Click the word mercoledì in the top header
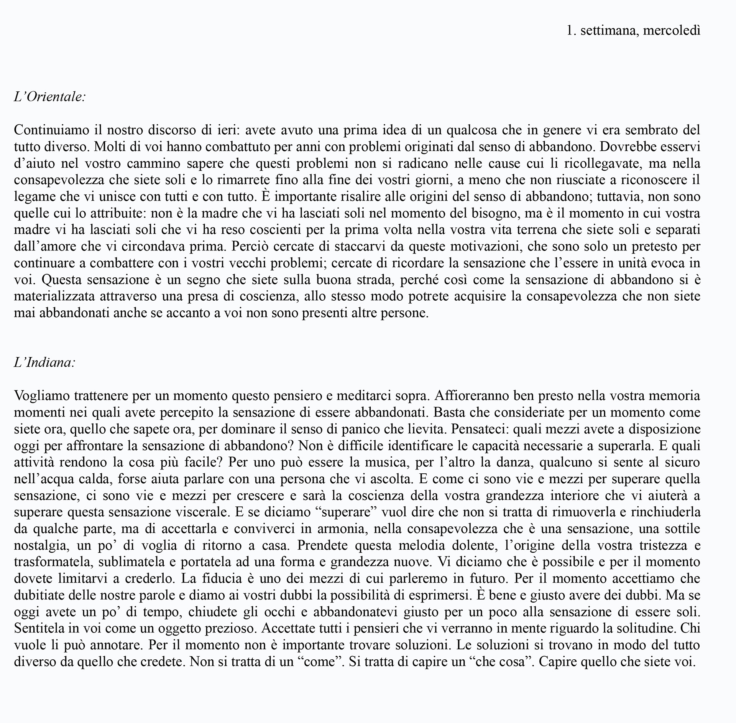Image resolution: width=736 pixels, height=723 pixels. pos(672,31)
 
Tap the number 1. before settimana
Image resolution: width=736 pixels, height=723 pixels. pos(571,31)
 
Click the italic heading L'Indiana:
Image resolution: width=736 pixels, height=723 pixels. pos(44,362)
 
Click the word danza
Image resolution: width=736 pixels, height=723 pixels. pos(514,462)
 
